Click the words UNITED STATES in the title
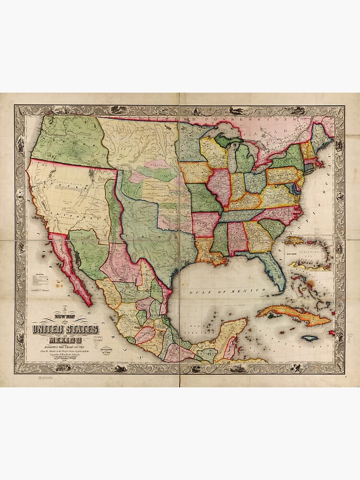(65, 329)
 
